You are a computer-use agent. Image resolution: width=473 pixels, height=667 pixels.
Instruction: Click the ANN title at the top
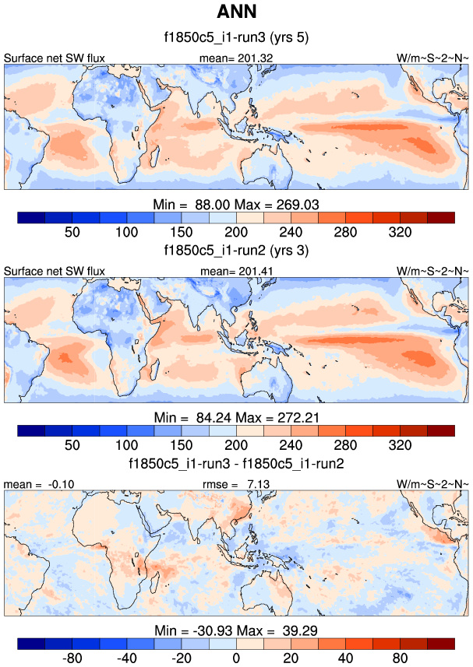pos(236,12)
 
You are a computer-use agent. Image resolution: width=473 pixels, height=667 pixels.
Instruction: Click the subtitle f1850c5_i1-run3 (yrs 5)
pos(236,38)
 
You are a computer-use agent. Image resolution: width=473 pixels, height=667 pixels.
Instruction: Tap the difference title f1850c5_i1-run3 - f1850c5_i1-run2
pos(236,463)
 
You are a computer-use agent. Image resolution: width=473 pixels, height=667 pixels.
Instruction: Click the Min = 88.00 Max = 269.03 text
pos(236,203)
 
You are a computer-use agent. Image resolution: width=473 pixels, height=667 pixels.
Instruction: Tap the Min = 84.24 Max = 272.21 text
pos(236,416)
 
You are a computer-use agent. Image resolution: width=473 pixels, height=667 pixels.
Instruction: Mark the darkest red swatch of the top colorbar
pos(440,217)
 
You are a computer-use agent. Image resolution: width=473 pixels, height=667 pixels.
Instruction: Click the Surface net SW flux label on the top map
pos(55,58)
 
